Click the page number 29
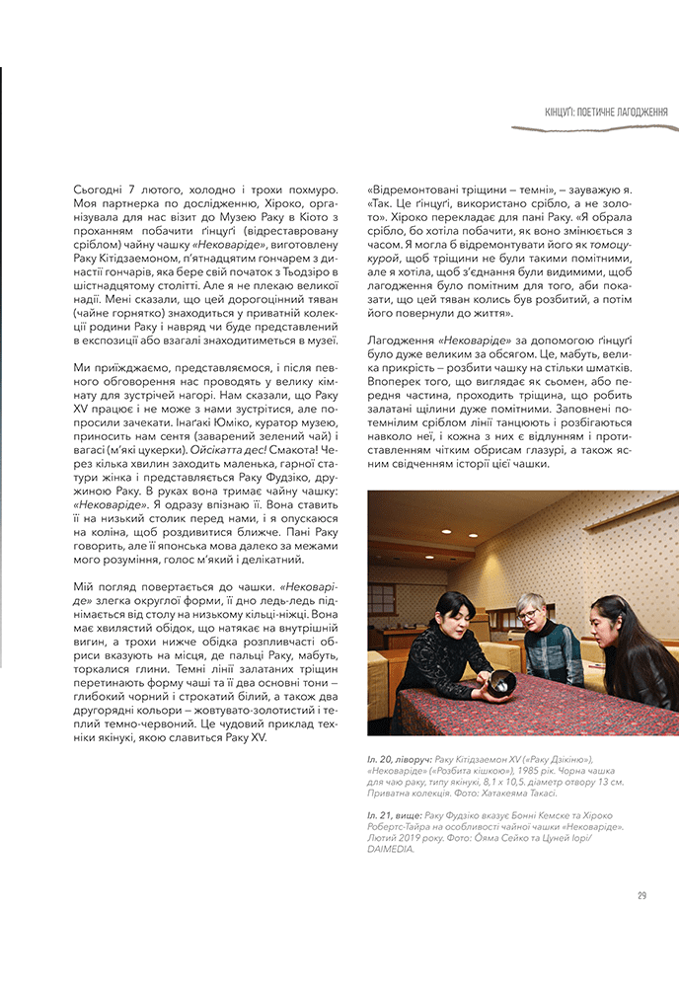(x=641, y=896)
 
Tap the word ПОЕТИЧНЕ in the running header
(x=603, y=113)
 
